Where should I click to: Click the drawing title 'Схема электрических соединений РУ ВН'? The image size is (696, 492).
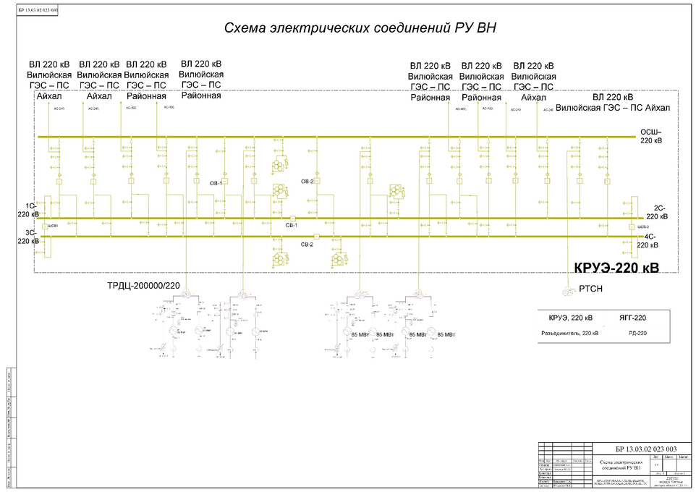tap(360, 28)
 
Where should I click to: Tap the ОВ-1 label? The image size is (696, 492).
tap(216, 184)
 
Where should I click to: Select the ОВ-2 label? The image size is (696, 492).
tap(307, 182)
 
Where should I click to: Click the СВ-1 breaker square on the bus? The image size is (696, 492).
tap(293, 219)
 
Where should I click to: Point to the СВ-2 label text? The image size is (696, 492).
tap(307, 245)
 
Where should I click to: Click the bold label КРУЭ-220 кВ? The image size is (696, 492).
tap(616, 268)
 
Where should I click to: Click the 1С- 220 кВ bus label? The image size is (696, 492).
tap(27, 210)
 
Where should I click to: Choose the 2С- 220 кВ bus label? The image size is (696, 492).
tap(656, 212)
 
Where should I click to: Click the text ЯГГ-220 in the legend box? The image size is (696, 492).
tap(632, 318)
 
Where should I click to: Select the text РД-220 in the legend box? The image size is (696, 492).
tap(637, 334)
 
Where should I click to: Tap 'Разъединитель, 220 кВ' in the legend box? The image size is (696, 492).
tap(570, 334)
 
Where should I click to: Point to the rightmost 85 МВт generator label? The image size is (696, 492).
tap(444, 335)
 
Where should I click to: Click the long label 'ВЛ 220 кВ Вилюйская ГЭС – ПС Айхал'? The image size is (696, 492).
tap(621, 102)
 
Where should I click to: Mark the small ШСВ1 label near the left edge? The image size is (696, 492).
tap(52, 226)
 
